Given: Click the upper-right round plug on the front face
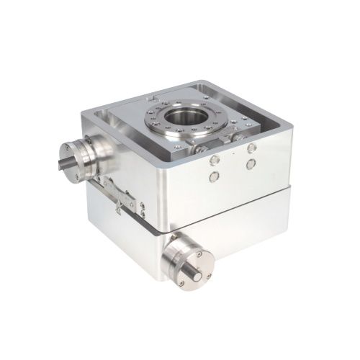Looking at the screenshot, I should coord(251,148).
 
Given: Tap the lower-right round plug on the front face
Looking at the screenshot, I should coord(250,165).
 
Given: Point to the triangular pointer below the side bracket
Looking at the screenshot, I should coord(117,207).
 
